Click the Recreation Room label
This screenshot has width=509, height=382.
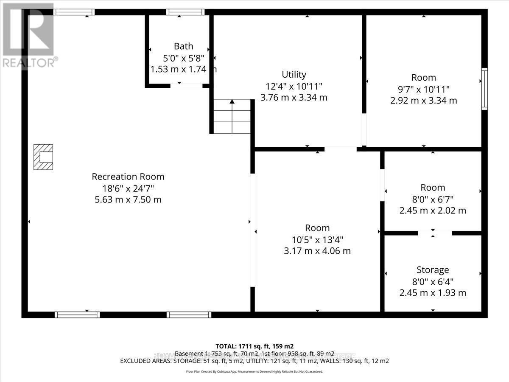click(x=128, y=177)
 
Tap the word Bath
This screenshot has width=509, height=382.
click(x=183, y=46)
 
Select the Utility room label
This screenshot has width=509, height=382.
click(x=294, y=75)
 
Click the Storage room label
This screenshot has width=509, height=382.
click(x=433, y=270)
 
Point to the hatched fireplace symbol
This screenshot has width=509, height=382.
click(x=44, y=157)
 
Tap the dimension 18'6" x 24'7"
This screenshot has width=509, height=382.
click(x=128, y=188)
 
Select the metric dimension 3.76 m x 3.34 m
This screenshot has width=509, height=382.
click(x=294, y=98)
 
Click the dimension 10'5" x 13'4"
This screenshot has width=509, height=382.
click(x=317, y=239)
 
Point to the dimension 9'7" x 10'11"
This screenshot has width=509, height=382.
click(x=424, y=89)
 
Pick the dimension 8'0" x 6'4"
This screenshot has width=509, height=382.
click(x=433, y=281)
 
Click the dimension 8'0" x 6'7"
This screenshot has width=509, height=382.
click(x=433, y=199)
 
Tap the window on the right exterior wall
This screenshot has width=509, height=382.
click(x=484, y=89)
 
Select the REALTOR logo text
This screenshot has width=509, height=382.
click(x=30, y=62)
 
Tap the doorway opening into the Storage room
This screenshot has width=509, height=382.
click(x=435, y=233)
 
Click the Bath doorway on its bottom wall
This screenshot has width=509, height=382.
click(x=186, y=86)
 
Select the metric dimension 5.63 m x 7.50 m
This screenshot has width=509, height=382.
click(x=128, y=199)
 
